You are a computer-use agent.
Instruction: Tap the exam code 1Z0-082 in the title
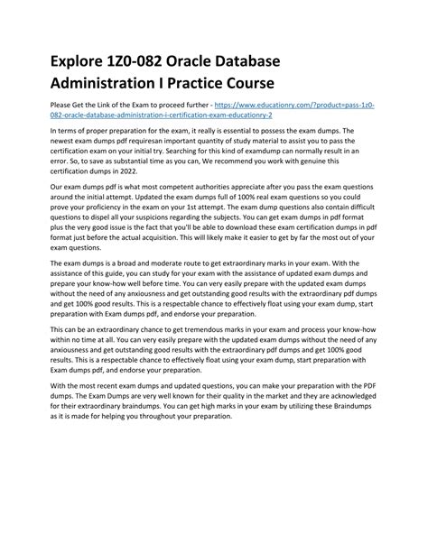(x=149, y=65)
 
